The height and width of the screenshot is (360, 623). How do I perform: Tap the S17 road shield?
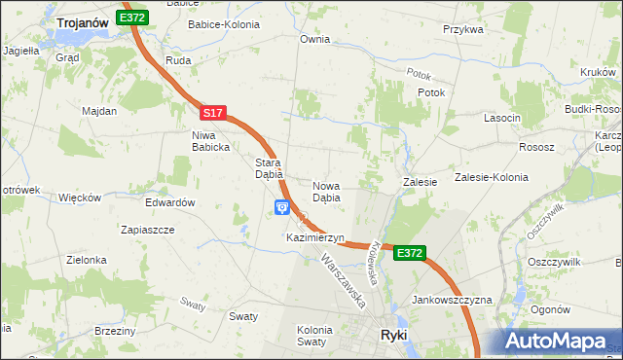215,114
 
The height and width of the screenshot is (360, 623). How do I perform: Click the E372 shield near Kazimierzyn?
410,253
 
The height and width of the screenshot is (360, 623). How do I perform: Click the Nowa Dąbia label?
326,191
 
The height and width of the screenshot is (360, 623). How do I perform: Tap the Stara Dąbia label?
269,168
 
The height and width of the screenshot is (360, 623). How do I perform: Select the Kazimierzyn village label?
315,237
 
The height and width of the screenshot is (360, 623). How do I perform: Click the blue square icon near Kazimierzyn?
282,206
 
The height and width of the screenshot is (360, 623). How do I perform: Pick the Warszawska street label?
343,281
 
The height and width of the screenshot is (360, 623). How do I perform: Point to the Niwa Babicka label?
210,141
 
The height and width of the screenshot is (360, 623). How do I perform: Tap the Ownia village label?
315,40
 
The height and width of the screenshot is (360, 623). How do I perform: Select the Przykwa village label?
463,29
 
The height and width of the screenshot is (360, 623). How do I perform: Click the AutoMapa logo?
554,341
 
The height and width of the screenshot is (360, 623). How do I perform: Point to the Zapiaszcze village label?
147,230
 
